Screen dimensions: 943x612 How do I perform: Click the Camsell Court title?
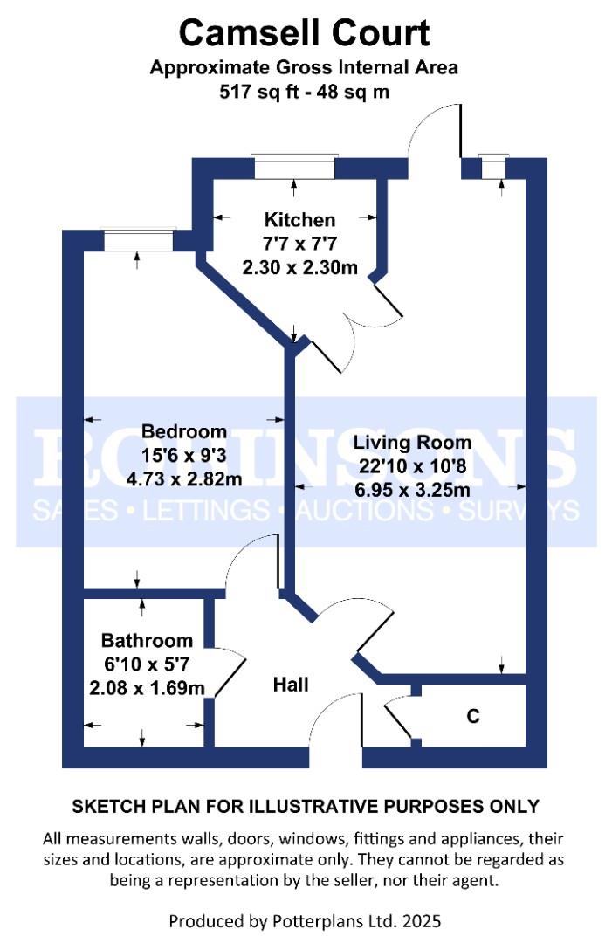tap(305, 33)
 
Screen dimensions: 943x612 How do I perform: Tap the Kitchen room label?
tap(299, 220)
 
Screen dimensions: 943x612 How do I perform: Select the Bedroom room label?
tap(184, 431)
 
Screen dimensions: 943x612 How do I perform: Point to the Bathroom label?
tap(147, 640)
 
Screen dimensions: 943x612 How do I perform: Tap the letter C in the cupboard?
tap(473, 717)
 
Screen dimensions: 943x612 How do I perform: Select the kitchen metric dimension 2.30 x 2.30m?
tap(299, 267)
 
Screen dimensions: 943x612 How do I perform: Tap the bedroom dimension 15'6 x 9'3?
tap(184, 455)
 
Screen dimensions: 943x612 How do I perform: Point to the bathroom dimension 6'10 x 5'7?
tap(147, 664)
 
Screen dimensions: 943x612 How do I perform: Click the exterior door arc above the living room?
tap(434, 131)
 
